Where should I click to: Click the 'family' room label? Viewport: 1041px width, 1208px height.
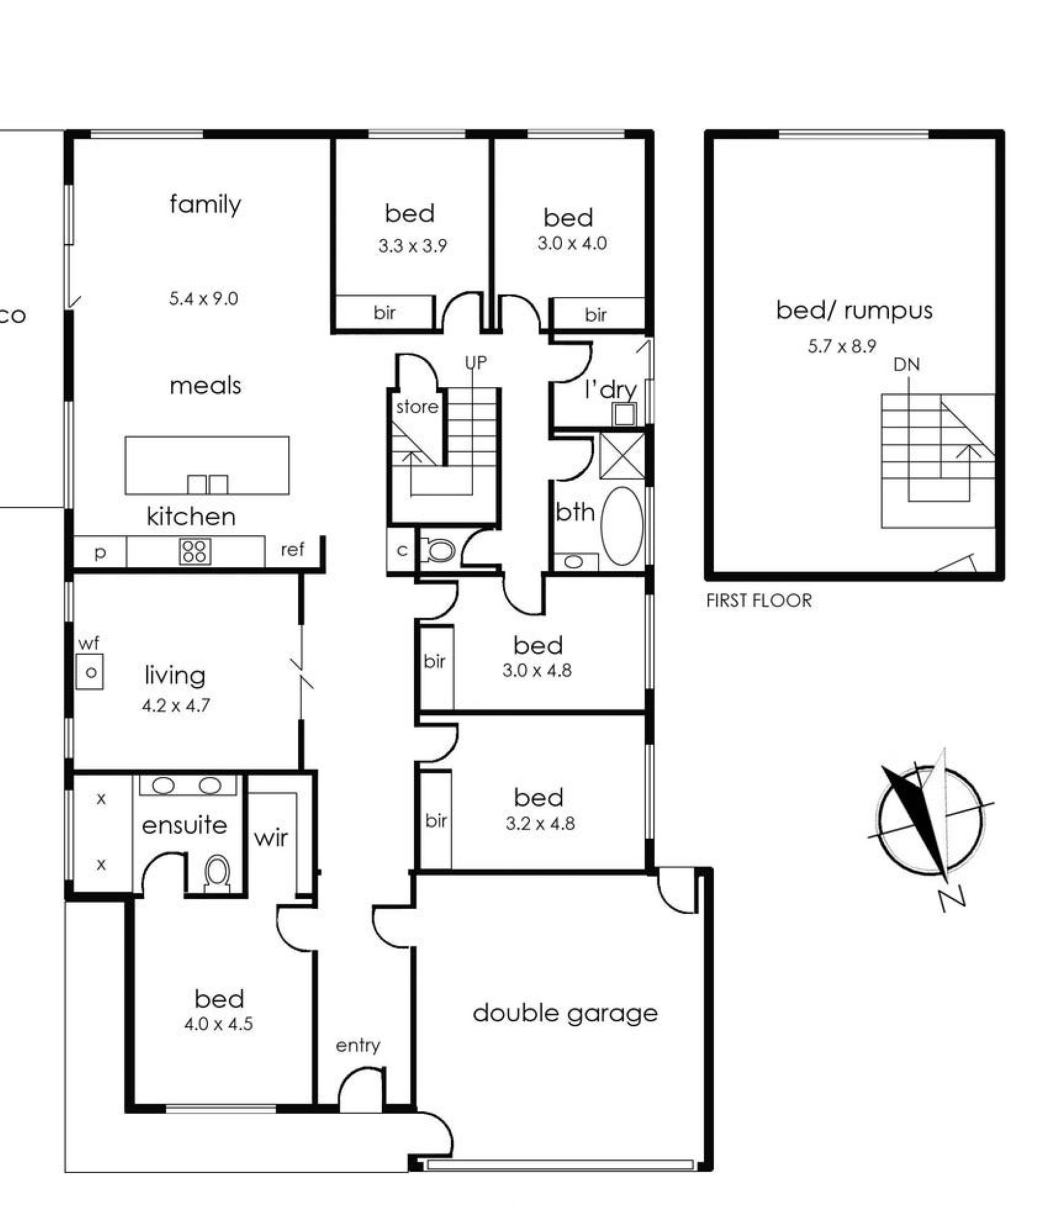tap(205, 204)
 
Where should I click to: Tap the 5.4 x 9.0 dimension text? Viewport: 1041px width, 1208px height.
tap(203, 298)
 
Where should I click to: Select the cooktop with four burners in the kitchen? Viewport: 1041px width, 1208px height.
tap(195, 552)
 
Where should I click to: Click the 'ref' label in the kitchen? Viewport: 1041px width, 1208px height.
tap(293, 550)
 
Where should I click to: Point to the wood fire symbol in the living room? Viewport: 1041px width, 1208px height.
tap(90, 672)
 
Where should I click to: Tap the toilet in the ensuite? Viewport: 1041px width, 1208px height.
tap(217, 873)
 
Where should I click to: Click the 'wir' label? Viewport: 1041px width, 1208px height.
tap(271, 839)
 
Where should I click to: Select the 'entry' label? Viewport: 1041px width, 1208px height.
tap(358, 1046)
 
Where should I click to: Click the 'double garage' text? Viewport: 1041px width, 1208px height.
tap(565, 1014)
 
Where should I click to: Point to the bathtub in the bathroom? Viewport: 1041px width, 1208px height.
tap(622, 526)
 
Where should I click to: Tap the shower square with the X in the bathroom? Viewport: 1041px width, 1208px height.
tap(622, 455)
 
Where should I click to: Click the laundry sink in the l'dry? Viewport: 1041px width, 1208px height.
tap(624, 414)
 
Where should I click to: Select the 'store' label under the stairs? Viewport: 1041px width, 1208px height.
tap(417, 406)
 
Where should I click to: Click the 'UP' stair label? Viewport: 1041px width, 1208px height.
tap(475, 363)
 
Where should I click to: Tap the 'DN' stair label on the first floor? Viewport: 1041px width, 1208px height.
tap(907, 365)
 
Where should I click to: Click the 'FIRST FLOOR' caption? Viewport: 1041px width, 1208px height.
tap(759, 600)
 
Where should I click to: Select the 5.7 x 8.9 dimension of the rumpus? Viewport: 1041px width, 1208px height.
tap(841, 346)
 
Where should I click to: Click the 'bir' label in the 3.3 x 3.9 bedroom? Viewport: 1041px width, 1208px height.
tap(385, 313)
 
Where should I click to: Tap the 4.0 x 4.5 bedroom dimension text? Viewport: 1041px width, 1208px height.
tap(219, 1024)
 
